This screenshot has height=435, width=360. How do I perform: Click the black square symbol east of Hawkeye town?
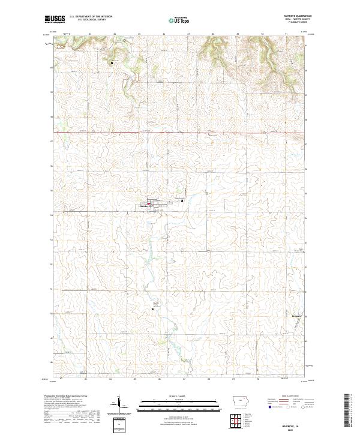tap(182, 201)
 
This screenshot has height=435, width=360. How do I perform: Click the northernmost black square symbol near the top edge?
tap(125, 40)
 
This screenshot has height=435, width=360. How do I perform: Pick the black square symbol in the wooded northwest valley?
tap(112, 62)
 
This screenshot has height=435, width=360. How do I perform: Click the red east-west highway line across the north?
tap(180, 132)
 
